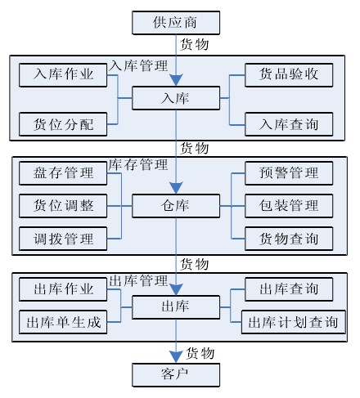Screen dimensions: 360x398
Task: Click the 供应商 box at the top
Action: click(176, 23)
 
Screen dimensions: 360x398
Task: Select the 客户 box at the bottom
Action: click(176, 374)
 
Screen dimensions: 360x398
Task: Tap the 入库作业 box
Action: click(63, 75)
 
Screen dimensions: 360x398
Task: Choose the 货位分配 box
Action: click(63, 124)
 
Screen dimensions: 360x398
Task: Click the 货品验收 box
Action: click(289, 75)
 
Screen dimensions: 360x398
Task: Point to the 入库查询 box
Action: click(289, 124)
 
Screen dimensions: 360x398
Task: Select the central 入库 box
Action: click(176, 98)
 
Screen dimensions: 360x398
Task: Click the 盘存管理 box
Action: click(63, 173)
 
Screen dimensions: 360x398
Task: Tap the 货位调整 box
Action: click(63, 206)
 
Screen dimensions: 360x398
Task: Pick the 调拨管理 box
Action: click(63, 239)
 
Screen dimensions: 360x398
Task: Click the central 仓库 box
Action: click(176, 206)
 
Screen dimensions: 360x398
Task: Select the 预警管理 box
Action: click(289, 173)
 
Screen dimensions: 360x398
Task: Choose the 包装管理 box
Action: click(289, 206)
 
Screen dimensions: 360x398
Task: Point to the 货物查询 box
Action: click(289, 239)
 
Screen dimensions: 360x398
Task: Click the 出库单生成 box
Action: click(63, 322)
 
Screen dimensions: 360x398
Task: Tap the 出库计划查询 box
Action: click(294, 322)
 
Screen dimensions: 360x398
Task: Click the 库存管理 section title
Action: click(138, 164)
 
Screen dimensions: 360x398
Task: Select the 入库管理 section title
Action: click(138, 66)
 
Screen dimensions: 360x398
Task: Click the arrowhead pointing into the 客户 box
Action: click(176, 356)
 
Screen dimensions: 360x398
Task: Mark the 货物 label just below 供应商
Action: click(195, 44)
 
